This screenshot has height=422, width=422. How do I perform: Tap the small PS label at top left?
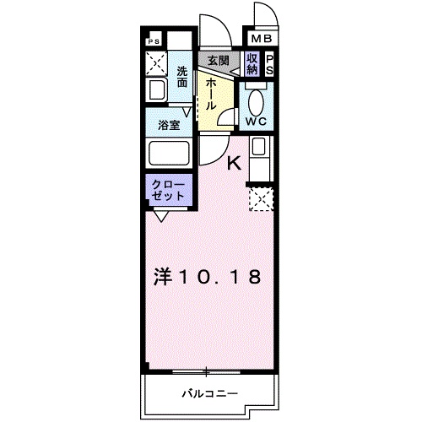(154, 41)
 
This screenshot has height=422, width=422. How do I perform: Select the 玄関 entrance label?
(219, 61)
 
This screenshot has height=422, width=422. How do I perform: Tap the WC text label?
(256, 121)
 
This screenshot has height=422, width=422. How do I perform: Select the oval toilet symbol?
(257, 100)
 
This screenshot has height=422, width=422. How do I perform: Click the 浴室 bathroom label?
(170, 125)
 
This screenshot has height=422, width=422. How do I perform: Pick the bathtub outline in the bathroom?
(170, 154)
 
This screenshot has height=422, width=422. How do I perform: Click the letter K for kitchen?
(236, 165)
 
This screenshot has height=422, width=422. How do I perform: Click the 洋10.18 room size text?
(207, 276)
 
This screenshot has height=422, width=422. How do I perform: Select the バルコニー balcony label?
(210, 393)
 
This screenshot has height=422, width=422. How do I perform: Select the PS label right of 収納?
(270, 64)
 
